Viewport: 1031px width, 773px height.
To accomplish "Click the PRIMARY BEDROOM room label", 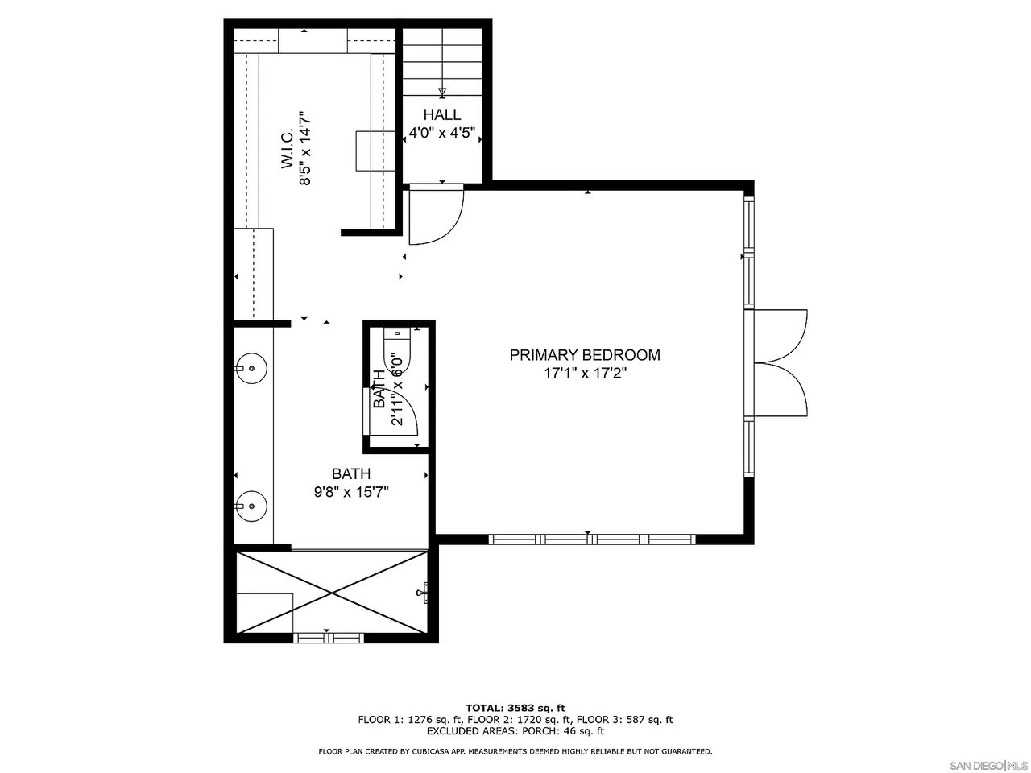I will (585, 355).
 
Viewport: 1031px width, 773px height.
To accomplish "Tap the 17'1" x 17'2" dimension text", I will (585, 374).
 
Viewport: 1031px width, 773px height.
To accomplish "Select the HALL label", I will (441, 115).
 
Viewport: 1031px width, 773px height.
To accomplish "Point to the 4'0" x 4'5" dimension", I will (441, 134).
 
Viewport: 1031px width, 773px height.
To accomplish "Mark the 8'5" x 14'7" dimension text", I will (304, 149).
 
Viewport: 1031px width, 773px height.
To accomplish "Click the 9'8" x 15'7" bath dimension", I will (351, 493).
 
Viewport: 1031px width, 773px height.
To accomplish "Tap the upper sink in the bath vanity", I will (252, 369).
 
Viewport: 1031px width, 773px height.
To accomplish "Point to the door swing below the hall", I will (435, 214).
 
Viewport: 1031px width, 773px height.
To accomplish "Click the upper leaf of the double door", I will (781, 334).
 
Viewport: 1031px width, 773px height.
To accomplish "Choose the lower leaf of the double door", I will (781, 392).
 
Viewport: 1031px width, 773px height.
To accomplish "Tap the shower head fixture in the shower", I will (424, 593).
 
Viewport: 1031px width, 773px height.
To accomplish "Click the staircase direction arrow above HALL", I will (441, 92).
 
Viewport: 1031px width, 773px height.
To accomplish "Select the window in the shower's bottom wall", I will (328, 637).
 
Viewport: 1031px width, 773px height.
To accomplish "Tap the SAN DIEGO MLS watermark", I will (988, 763).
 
